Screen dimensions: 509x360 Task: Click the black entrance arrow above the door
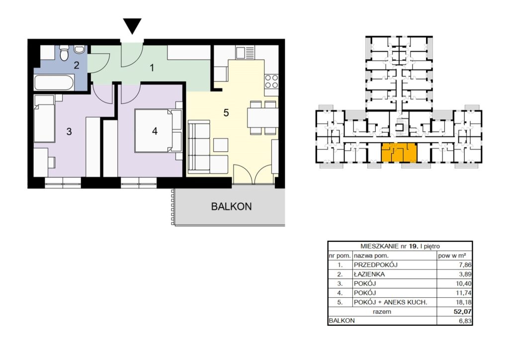[x=132, y=26]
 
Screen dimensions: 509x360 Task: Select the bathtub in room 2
[x=54, y=83]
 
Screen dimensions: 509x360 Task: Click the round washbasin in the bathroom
[x=79, y=49]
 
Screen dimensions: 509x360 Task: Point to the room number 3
[x=69, y=131]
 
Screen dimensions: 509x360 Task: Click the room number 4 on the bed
[x=155, y=131]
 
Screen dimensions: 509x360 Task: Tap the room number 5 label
[x=226, y=113]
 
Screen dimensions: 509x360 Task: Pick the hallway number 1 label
[x=152, y=68]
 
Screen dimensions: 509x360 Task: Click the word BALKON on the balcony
[x=231, y=206]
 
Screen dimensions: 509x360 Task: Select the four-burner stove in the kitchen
[x=271, y=82]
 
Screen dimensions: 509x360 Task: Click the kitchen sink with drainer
[x=246, y=52]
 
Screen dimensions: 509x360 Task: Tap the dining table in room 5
[x=262, y=117]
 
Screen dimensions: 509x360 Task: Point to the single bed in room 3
[x=44, y=118]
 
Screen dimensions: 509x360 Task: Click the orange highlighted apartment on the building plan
[x=399, y=153]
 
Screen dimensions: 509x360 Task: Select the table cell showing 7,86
[x=465, y=265]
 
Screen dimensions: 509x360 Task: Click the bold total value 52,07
[x=463, y=312]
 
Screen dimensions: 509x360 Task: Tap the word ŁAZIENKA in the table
[x=369, y=274]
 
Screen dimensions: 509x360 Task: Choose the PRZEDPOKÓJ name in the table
[x=376, y=265]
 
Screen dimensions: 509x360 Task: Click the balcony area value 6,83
[x=465, y=321]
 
